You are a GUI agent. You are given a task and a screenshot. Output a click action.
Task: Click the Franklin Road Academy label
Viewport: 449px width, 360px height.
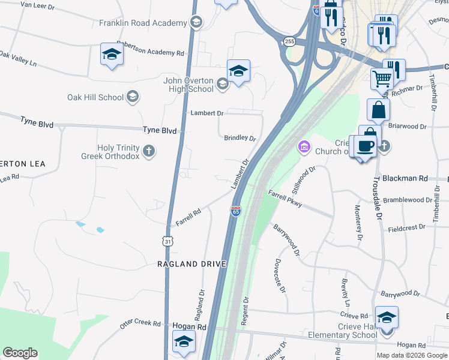coord(143,23)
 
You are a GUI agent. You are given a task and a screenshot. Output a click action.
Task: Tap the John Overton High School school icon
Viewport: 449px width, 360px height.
coord(223,83)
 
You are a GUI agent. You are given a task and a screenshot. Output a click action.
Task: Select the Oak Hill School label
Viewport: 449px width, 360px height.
coord(95,97)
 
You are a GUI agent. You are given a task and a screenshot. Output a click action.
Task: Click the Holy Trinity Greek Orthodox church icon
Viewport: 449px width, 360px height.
coord(148,151)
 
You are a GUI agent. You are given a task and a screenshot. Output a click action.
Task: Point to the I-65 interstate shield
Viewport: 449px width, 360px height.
coord(236,212)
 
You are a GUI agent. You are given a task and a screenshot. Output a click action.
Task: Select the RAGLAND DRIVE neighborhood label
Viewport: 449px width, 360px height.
coord(191,264)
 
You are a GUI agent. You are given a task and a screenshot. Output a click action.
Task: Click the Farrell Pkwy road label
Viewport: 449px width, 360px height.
coord(285,199)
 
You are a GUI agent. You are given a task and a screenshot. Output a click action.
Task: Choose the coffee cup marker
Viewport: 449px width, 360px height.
coord(365,146)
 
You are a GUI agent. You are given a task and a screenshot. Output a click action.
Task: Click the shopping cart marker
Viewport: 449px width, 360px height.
coord(382,77)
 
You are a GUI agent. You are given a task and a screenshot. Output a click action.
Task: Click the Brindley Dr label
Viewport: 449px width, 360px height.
coord(240,138)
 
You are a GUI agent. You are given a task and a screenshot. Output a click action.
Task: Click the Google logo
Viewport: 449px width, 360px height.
coord(20,353)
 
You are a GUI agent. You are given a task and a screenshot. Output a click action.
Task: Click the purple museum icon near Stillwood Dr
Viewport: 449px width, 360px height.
coord(304,146)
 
